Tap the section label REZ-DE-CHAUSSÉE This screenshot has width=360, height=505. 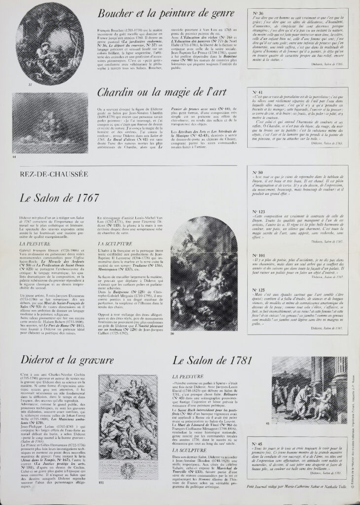pos(54,175)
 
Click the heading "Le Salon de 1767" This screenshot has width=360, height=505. pos(60,198)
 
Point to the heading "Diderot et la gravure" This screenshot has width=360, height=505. pos(67,361)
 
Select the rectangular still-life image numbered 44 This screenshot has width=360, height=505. pos(50,124)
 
